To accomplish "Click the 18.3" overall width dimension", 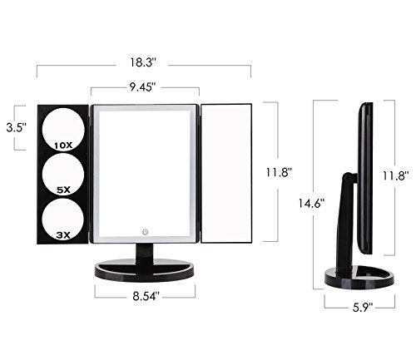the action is pyautogui.click(x=143, y=62).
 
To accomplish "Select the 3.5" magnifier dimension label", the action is pyautogui.click(x=17, y=128).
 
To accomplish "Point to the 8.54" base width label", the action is pyautogui.click(x=146, y=296).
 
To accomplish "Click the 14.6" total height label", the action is pyautogui.click(x=311, y=204).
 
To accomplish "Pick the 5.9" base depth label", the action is pyautogui.click(x=363, y=308).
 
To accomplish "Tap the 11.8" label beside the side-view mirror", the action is pyautogui.click(x=395, y=175).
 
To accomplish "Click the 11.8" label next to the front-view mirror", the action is pyautogui.click(x=279, y=172).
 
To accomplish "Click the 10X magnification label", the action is pyautogui.click(x=63, y=145).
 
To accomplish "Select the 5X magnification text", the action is pyautogui.click(x=63, y=190).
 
